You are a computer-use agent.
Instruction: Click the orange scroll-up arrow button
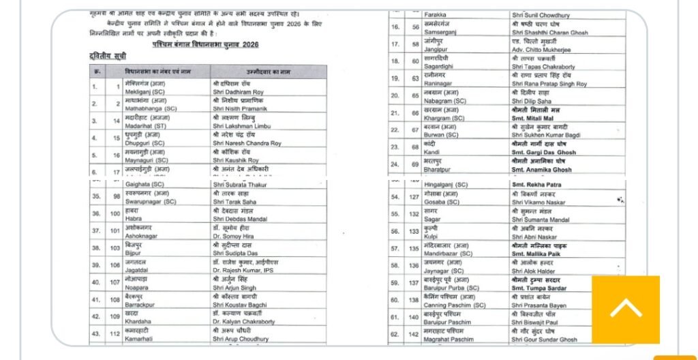coord(625,310)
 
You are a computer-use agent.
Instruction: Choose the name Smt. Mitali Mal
coord(535,118)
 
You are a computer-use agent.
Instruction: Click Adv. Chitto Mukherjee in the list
coord(543,50)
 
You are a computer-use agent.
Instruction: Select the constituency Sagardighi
coord(443,67)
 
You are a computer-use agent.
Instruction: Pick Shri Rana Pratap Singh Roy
coord(549,84)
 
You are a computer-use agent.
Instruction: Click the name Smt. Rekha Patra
coord(536,185)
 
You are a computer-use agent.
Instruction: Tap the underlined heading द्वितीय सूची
coord(107,56)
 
